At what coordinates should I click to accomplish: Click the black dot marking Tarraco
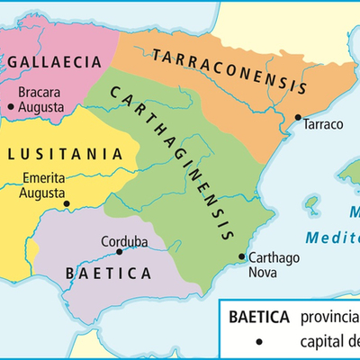click(298, 117)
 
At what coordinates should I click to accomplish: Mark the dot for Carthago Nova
click(241, 257)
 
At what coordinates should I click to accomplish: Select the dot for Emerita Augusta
click(67, 204)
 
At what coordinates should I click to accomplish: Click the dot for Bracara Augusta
click(11, 106)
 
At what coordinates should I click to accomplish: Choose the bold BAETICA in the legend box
click(258, 318)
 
